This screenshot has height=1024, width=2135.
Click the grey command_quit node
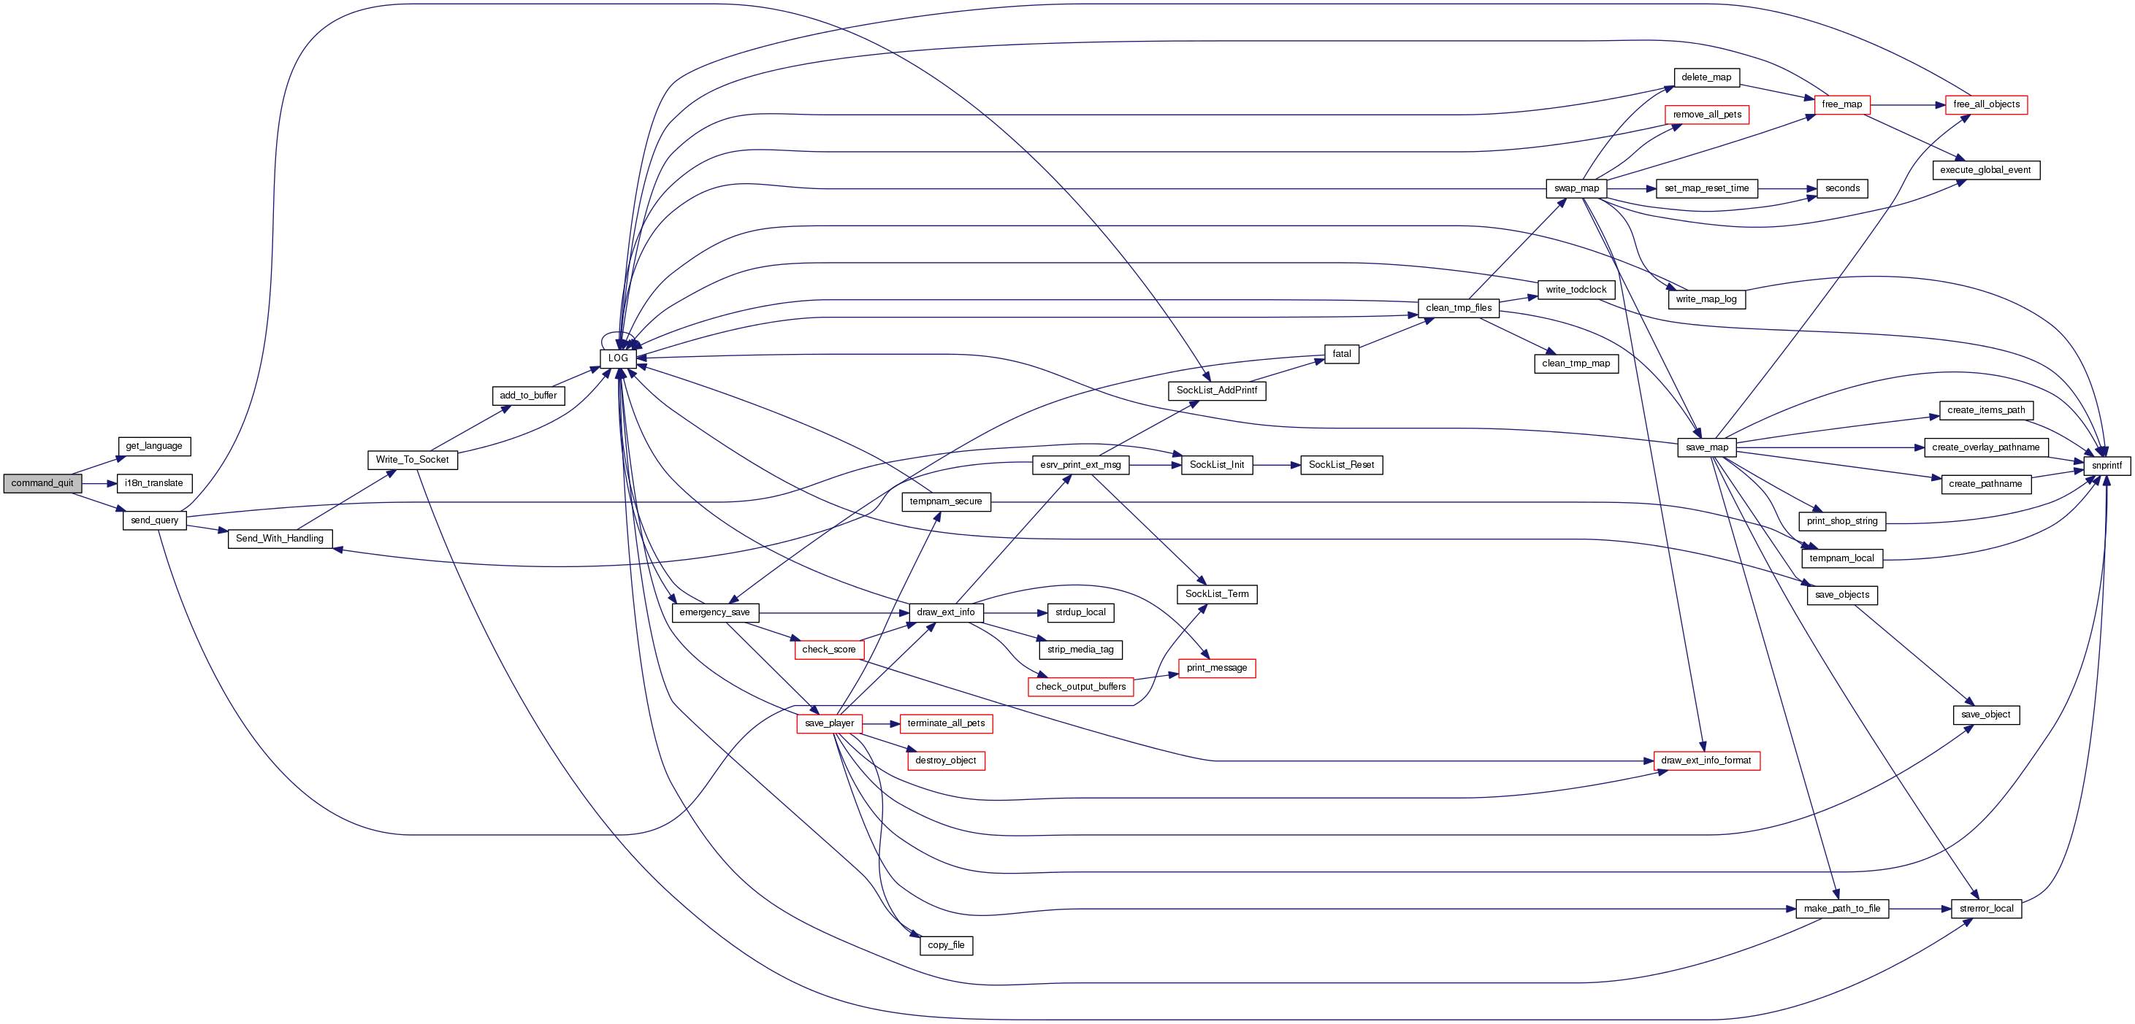[42, 483]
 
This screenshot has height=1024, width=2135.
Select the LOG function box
[617, 358]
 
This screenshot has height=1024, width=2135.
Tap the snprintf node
[2106, 466]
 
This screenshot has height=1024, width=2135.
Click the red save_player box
[829, 723]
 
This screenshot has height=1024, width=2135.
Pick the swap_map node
[1576, 188]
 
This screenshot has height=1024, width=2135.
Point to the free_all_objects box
[1986, 104]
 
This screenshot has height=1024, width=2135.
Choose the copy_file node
[946, 944]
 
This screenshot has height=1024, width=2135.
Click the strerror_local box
[1986, 908]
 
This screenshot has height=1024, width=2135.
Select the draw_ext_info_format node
[1706, 760]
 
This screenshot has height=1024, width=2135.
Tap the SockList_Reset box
[1341, 465]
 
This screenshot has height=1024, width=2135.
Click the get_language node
[154, 446]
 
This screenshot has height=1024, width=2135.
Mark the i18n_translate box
[154, 483]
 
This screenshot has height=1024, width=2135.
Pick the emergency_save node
[714, 612]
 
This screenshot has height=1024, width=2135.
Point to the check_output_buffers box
[1080, 686]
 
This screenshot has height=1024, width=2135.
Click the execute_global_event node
[1985, 170]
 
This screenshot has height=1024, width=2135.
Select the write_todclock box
[1576, 289]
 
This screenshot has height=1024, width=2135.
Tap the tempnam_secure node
[946, 501]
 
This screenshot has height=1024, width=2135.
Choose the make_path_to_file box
[1841, 908]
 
